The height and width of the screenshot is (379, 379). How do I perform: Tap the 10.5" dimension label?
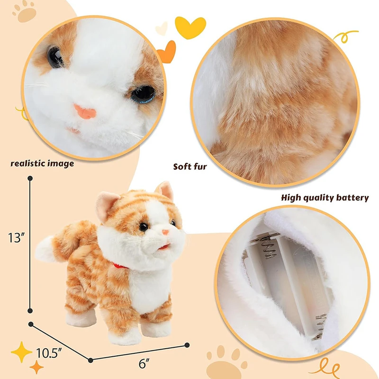tap(47, 353)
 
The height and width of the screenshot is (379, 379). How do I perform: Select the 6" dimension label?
tap(144, 363)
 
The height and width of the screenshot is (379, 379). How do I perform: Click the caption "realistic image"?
tap(42, 163)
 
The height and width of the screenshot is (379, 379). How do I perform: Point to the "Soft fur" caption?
tap(190, 167)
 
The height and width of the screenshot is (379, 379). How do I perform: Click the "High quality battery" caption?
tap(325, 198)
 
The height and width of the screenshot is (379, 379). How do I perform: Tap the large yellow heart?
tap(190, 27)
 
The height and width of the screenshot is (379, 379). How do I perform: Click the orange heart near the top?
tap(167, 52)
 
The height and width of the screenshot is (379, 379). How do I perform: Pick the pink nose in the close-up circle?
tap(85, 112)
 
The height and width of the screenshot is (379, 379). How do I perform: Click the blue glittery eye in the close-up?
tap(144, 94)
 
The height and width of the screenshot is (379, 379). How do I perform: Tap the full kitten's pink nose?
tap(165, 232)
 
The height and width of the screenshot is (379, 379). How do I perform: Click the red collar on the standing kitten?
tap(120, 266)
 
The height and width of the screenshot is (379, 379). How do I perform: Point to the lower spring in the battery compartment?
tap(320, 326)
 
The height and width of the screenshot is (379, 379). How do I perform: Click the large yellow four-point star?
tap(21, 352)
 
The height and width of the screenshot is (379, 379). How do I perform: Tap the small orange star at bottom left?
tap(37, 367)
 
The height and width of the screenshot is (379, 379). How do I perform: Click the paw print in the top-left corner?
tap(25, 12)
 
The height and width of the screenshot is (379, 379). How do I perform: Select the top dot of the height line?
tap(30, 179)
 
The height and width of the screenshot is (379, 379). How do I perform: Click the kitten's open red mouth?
tap(164, 247)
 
